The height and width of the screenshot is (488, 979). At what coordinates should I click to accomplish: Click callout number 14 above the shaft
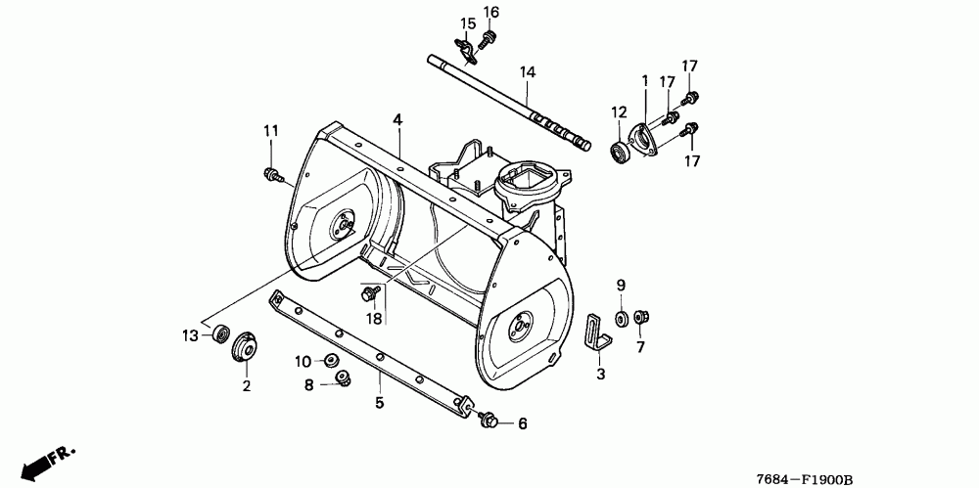pyautogui.click(x=528, y=72)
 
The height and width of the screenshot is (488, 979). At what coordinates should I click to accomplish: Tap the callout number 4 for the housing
pyautogui.click(x=397, y=119)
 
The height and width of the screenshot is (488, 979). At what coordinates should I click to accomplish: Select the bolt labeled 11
pyautogui.click(x=270, y=175)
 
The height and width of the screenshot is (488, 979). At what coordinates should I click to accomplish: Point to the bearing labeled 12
pyautogui.click(x=619, y=153)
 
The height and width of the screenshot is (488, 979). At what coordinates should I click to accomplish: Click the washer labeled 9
pyautogui.click(x=621, y=318)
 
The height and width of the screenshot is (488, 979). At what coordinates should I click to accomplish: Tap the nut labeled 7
pyautogui.click(x=641, y=317)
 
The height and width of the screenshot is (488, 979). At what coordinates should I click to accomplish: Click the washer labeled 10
pyautogui.click(x=331, y=362)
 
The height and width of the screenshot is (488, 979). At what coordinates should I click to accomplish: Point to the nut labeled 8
pyautogui.click(x=342, y=378)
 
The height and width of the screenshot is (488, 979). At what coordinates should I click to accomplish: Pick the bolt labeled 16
pyautogui.click(x=488, y=37)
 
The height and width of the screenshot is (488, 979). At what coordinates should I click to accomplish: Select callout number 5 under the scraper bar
pyautogui.click(x=379, y=401)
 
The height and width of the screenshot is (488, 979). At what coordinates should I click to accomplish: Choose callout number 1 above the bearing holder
pyautogui.click(x=645, y=80)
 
